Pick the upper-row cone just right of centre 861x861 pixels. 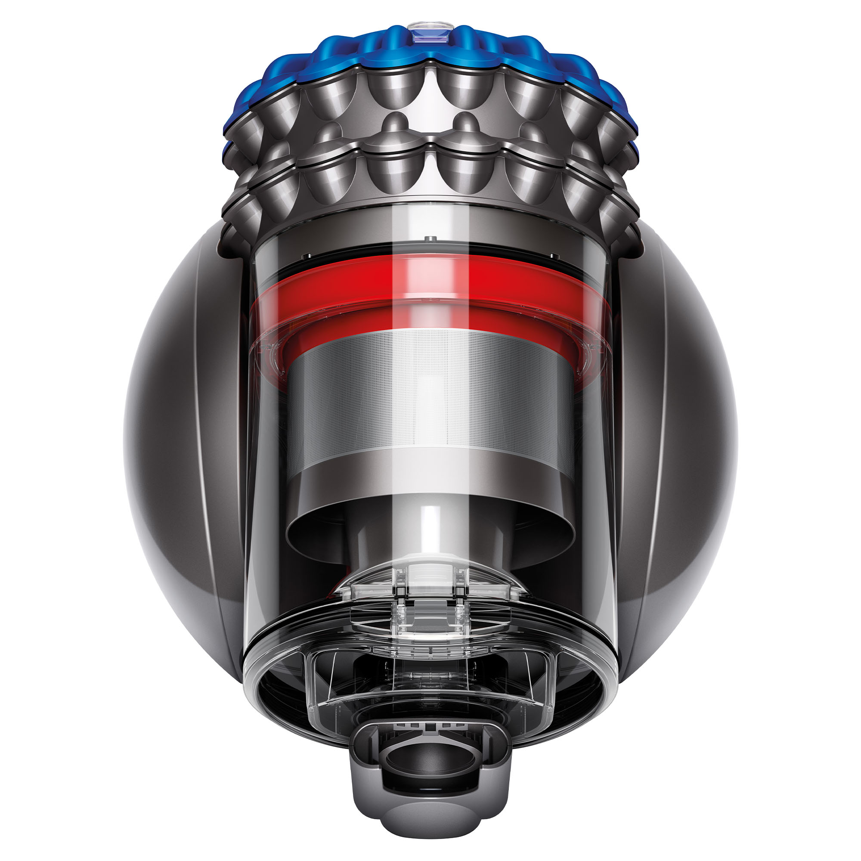tap(466, 93)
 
